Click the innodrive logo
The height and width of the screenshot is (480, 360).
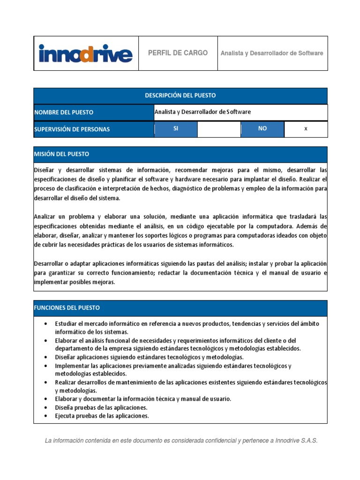coord(85,53)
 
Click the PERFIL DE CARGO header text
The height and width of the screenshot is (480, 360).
coord(178,53)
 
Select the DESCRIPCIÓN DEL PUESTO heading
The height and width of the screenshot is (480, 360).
coord(180,96)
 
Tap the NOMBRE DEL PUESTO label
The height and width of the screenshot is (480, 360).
coord(64,112)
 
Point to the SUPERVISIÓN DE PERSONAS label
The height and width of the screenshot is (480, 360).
coord(72,129)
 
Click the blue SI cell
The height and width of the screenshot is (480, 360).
coord(176,129)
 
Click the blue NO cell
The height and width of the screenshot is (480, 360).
coord(262,129)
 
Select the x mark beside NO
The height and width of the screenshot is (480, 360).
coord(306,129)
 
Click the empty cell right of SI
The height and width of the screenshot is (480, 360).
coord(219,129)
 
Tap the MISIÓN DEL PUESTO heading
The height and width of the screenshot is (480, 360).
coord(61,154)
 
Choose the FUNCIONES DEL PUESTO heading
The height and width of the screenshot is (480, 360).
coord(67,308)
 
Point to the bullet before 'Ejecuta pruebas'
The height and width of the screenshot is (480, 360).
coord(45,416)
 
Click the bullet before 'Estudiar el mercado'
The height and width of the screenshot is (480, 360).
coord(45,324)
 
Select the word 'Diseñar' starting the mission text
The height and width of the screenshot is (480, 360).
coord(44,169)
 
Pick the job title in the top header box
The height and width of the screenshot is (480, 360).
coord(272,53)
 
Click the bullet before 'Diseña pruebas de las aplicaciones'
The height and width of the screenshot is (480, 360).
coord(45,408)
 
